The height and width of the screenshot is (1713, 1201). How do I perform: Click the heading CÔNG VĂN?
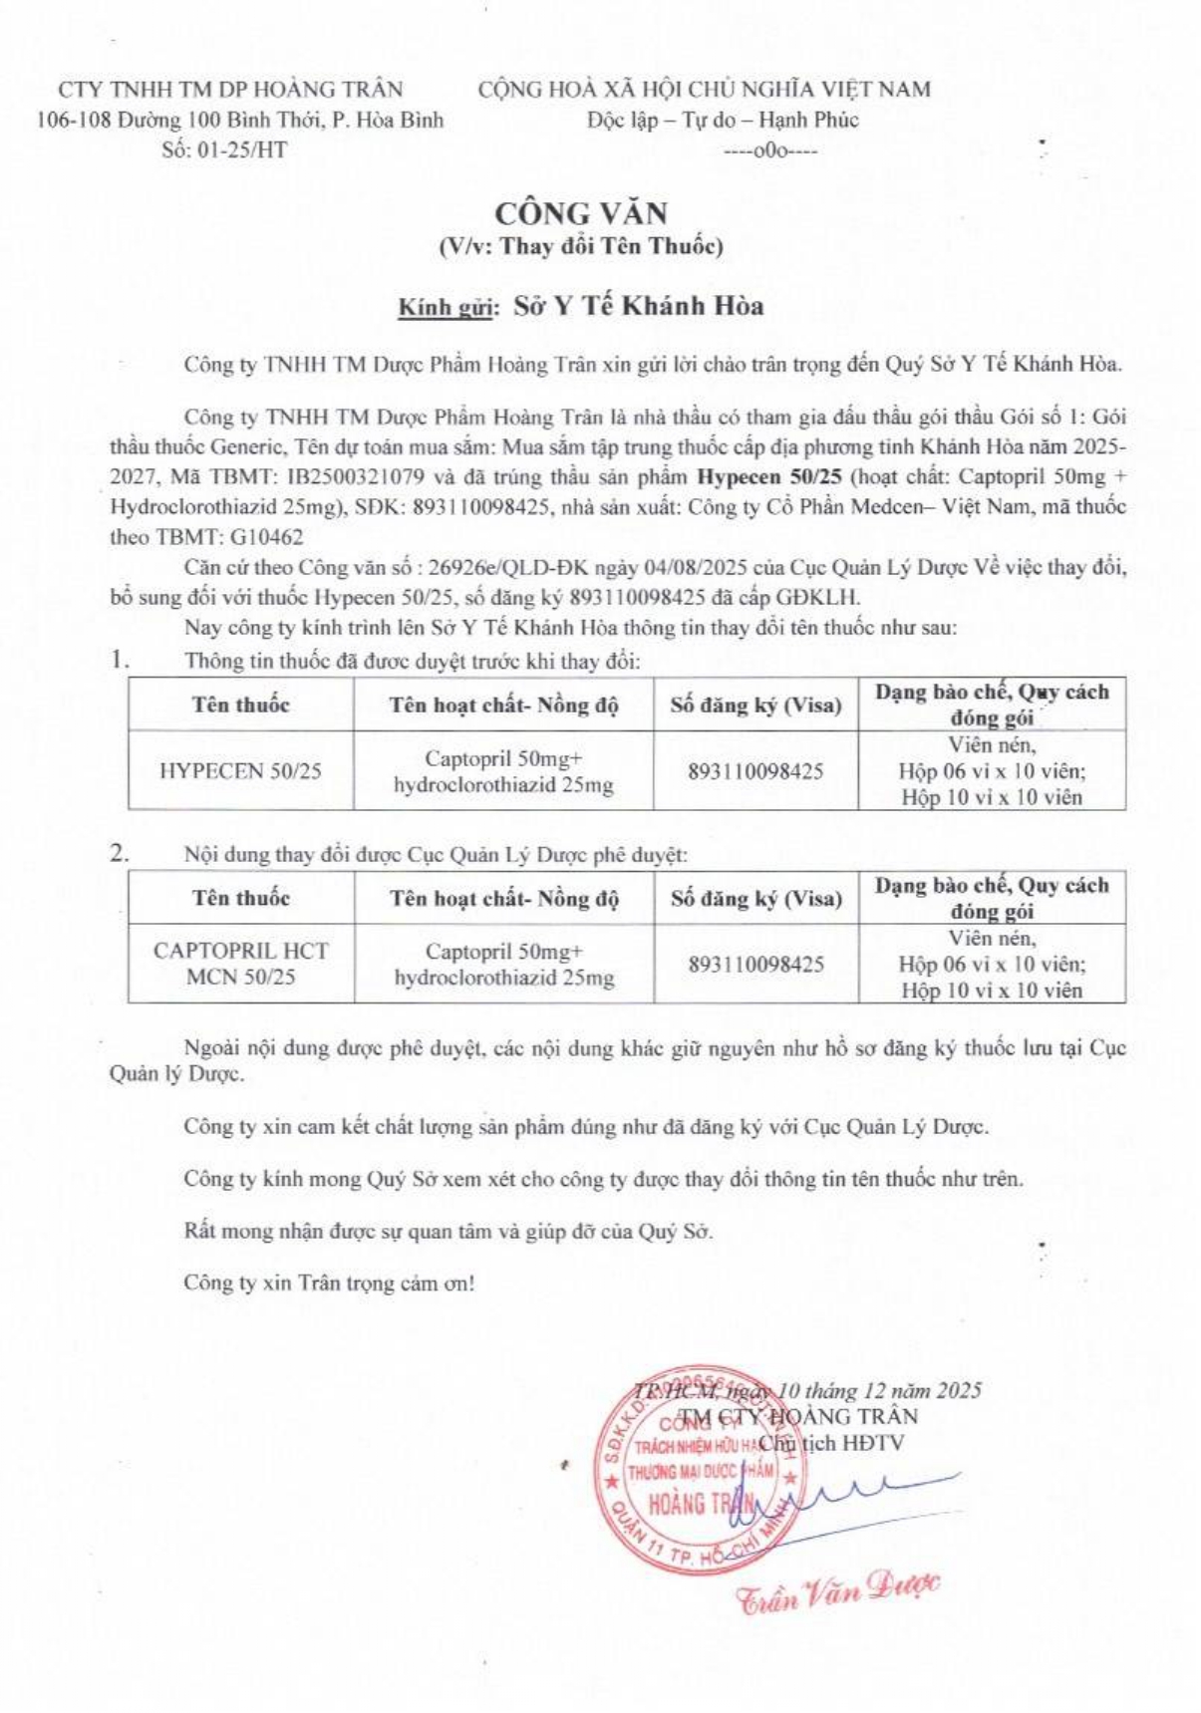[x=582, y=213]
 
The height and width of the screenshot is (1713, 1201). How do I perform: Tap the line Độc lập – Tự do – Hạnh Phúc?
[x=723, y=121]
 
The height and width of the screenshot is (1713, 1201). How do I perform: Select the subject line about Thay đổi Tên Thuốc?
[x=581, y=246]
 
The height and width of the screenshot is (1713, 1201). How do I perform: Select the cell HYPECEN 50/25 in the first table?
[x=240, y=771]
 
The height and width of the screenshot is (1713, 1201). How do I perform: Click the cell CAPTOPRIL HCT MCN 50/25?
[x=240, y=964]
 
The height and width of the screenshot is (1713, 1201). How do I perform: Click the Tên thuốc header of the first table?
[x=240, y=705]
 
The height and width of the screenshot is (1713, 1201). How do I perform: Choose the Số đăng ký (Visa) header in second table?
[x=755, y=898]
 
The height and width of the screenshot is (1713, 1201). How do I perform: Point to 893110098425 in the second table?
[x=755, y=964]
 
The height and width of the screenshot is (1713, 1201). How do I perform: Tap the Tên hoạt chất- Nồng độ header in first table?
[x=503, y=705]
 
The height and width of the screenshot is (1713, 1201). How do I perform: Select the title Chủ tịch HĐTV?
[x=831, y=1442]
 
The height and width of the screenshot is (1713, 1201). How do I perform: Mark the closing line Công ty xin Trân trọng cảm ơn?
[x=329, y=1283]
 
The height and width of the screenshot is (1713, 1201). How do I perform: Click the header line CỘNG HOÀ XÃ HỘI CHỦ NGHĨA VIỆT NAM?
[x=705, y=90]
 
